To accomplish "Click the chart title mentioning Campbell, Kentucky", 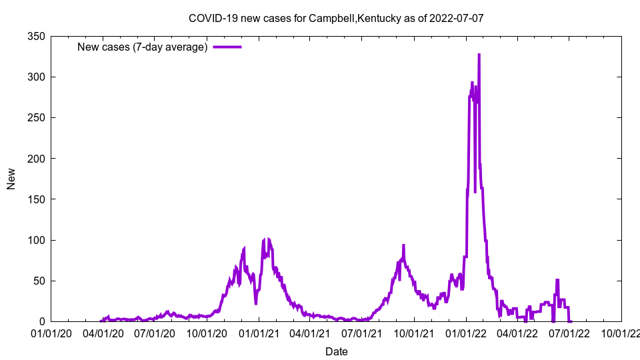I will [336, 18].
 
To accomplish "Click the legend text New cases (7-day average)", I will [143, 47].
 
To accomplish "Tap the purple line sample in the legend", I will [227, 47].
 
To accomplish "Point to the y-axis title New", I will [11, 179].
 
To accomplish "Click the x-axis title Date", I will [336, 351].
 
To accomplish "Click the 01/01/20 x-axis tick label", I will [51, 333].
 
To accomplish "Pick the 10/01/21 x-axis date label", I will [413, 333].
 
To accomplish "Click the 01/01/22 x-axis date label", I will [466, 333].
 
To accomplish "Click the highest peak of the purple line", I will [479, 55].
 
